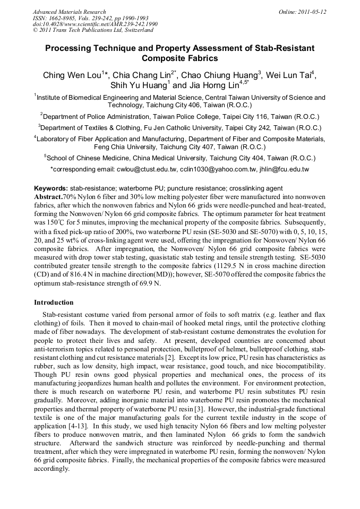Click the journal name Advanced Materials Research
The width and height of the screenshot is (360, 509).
(69, 12)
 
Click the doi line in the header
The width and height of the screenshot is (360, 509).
(95, 24)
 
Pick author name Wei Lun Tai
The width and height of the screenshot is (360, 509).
(289, 75)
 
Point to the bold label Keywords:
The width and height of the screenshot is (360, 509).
(51, 188)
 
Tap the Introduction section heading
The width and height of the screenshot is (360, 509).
(54, 302)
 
